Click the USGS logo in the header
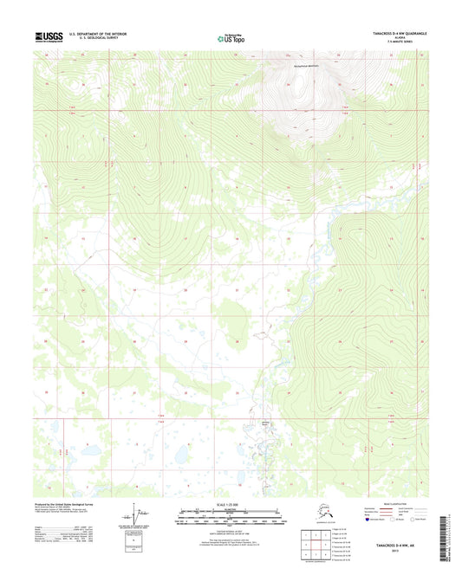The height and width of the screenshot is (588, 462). coord(49,37)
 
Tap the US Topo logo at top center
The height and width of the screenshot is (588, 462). coord(231,37)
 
